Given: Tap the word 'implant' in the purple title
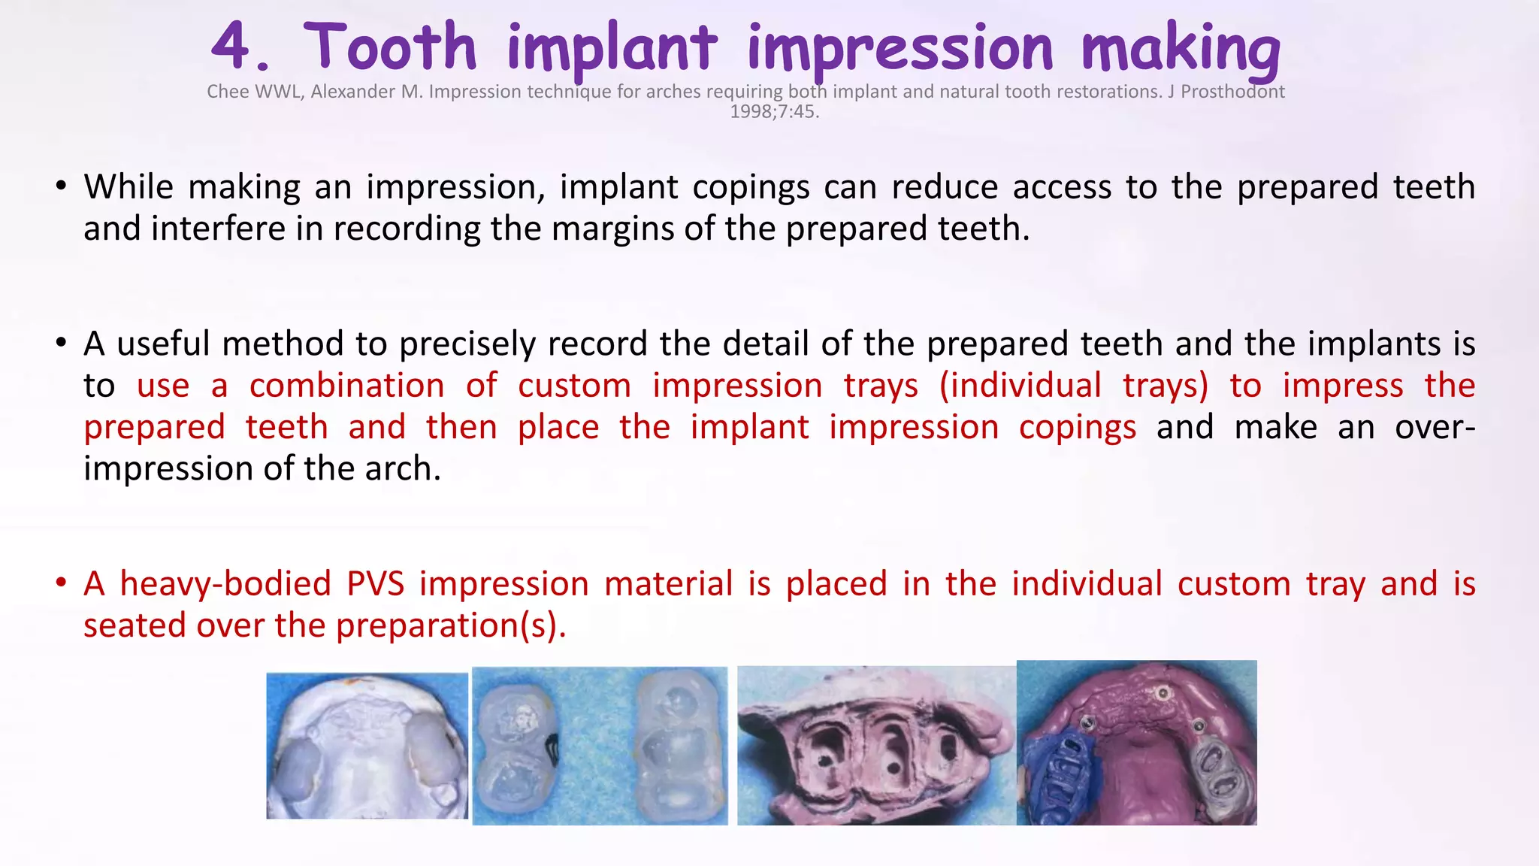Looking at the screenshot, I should point(612,48).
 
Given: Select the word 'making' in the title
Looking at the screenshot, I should point(1181,48).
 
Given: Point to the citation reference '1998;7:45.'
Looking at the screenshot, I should point(775,112).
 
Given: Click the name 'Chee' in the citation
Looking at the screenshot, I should point(228,92).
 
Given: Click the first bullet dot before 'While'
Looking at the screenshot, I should point(62,186).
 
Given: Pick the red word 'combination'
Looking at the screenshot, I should point(347,386).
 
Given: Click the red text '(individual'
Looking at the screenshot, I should point(1020,386).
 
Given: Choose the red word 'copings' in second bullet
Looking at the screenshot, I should point(1078,428).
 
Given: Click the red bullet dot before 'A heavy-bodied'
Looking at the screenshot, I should point(62,583).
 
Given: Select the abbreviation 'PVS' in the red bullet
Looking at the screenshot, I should point(376,584).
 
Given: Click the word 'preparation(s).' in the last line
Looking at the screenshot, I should point(451,625).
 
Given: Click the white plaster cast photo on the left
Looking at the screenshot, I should point(367,746).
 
